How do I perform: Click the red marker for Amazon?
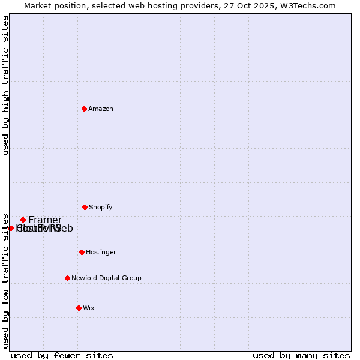(85, 109)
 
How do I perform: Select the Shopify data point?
(85, 207)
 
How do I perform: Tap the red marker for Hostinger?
(82, 252)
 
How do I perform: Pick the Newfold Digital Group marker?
(67, 278)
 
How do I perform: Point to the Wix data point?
(79, 308)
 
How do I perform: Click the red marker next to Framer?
(23, 220)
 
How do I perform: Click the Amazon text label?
(101, 109)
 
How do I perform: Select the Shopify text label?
(101, 207)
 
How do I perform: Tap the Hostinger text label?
(101, 252)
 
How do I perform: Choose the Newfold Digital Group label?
(106, 278)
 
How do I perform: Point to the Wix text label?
(89, 308)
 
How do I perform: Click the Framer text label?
(45, 220)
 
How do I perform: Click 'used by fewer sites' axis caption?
(62, 355)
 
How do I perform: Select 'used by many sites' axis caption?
(301, 355)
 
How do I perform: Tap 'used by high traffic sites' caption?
(6, 85)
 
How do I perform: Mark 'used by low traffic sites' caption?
(6, 280)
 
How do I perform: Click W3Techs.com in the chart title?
(308, 5)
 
